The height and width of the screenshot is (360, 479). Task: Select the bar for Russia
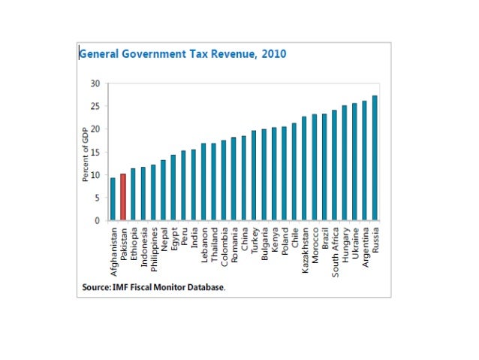point(375,159)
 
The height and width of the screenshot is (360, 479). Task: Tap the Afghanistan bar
point(113,199)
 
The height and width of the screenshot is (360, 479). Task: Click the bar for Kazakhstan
point(304,168)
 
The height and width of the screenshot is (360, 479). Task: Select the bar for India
point(194,185)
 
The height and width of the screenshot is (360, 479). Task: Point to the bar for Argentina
point(365,161)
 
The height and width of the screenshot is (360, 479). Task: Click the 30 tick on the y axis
point(95,83)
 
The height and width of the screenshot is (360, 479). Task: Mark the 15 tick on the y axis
point(95,153)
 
